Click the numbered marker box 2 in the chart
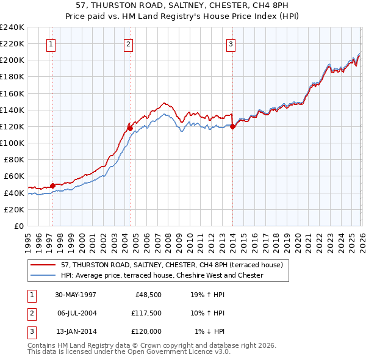[128, 44]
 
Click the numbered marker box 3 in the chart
[231, 44]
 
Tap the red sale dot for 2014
[232, 127]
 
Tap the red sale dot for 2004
[130, 128]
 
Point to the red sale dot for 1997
[53, 185]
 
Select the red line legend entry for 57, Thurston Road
[171, 265]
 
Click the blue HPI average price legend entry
[162, 275]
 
